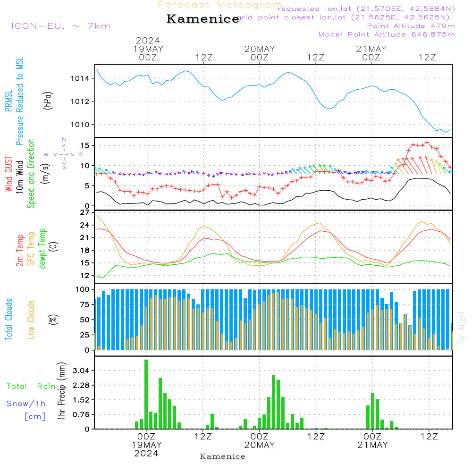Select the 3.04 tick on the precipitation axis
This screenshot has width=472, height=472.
82,371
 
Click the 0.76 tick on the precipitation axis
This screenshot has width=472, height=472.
82,414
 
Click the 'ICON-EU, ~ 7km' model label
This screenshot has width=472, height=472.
60,26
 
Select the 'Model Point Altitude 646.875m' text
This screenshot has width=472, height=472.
387,34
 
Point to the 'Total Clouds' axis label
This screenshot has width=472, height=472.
8,320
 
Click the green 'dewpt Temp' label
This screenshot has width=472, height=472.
42,249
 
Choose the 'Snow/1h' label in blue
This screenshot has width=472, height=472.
26,404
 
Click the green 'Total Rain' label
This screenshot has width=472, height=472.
31,387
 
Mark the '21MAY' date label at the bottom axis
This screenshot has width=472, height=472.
372,445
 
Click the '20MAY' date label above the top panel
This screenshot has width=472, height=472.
260,49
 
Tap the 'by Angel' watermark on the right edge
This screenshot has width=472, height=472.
462,327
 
